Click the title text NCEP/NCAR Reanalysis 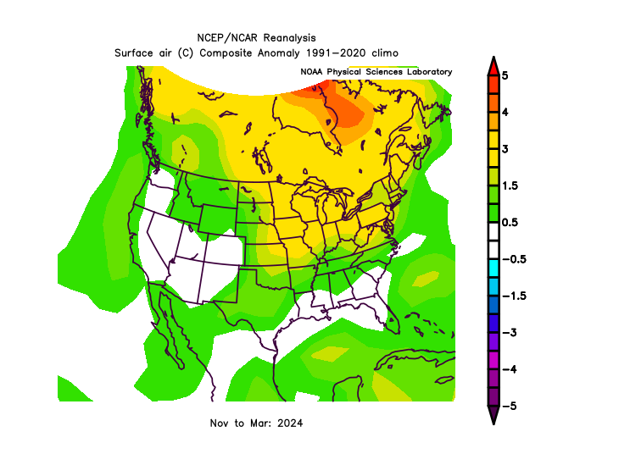255,39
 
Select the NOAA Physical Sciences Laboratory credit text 376,72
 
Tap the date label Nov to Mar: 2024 255,422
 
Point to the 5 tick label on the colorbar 505,75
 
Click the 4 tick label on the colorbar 505,112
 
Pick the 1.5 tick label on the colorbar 509,185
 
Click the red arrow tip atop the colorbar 494,65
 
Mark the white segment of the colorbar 494,241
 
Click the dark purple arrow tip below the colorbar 494,416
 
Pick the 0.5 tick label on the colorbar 509,223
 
